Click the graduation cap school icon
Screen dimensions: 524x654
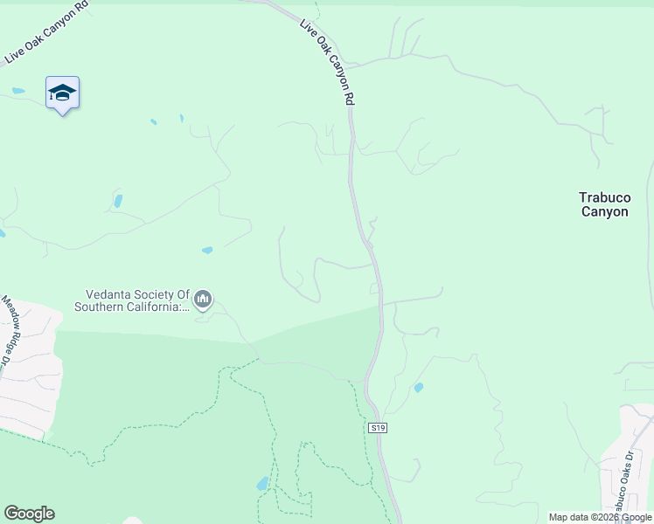[62, 93]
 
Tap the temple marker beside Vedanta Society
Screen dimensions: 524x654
[203, 300]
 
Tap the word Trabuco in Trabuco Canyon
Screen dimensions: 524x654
[604, 198]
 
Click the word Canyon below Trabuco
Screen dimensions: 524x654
[604, 211]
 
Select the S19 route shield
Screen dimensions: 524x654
[377, 428]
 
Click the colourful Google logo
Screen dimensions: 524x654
[29, 514]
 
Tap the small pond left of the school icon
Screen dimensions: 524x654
[18, 91]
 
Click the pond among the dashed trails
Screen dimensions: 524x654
[262, 483]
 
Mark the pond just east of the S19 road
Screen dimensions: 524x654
[419, 387]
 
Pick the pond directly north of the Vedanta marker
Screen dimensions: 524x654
[207, 250]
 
